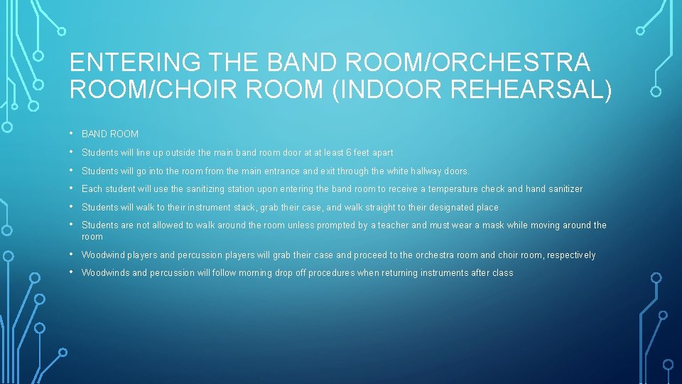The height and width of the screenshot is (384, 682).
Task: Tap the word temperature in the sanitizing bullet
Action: [453, 189]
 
